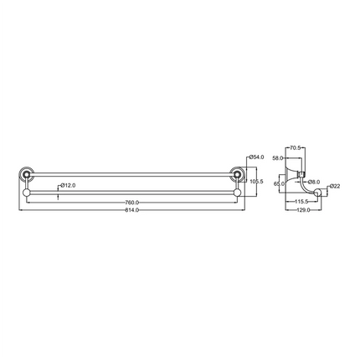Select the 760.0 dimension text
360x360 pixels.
pos(131,203)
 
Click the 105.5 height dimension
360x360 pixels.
pos(258,181)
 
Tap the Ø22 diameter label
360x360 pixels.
pos(334,186)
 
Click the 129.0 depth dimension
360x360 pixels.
pos(303,211)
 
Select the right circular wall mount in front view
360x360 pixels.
pos(237,177)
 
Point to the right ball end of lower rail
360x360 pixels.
pos(237,193)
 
